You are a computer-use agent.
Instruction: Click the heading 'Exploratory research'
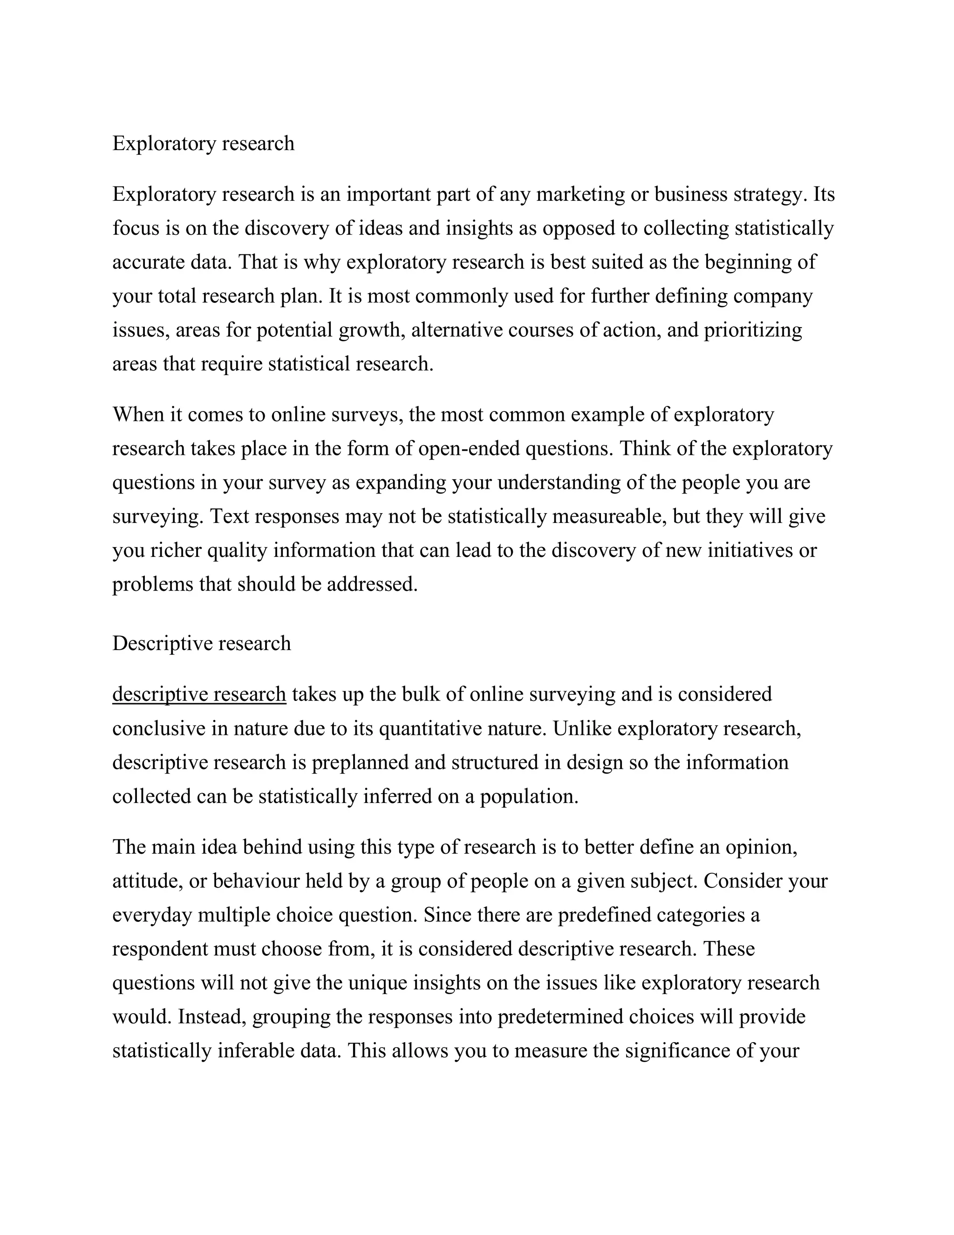[x=203, y=144]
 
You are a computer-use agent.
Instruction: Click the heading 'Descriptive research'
[x=201, y=644]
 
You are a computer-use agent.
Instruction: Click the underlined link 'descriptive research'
[x=199, y=694]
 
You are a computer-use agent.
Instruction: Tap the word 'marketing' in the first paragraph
[x=580, y=194]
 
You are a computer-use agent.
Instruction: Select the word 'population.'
[x=529, y=796]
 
